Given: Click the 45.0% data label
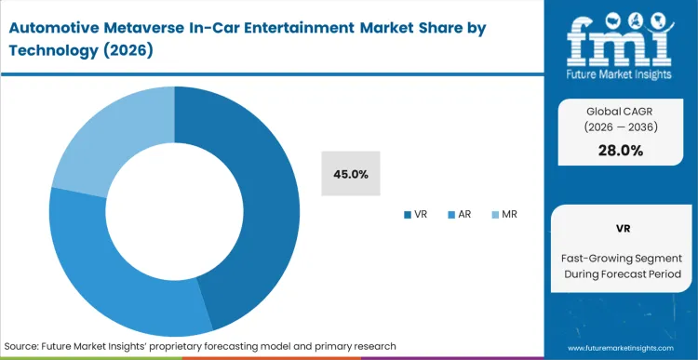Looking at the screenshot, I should (350, 174).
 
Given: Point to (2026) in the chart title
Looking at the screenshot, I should (128, 50).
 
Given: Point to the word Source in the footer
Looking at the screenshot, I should (22, 345).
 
